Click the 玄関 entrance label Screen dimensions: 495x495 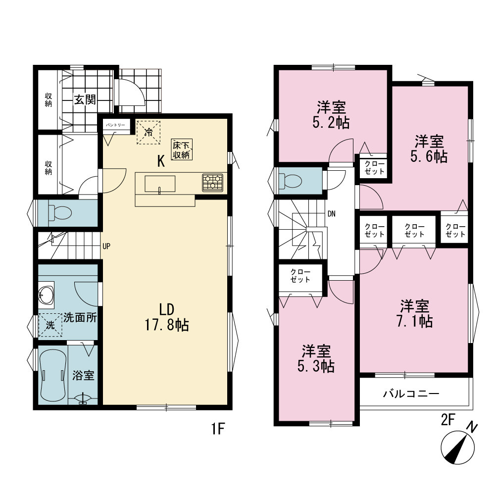point(85,100)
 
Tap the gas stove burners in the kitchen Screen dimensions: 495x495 point(212,183)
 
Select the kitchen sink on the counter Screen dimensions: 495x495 point(160,184)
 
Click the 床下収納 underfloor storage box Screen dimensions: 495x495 point(182,149)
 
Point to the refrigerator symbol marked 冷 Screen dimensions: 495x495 point(148,132)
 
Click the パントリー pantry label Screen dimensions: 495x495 point(115,125)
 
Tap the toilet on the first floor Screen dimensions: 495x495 point(60,213)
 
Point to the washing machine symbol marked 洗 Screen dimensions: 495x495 point(50,325)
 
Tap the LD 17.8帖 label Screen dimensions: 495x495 point(167,317)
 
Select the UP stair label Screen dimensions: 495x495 point(106,246)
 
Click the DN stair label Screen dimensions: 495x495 point(332,214)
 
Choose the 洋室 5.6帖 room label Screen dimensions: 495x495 point(429,148)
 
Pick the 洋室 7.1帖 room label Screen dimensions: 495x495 point(414,313)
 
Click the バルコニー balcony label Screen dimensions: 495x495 point(411,394)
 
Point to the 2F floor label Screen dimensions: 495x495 point(447,420)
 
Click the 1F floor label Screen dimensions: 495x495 point(217,429)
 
